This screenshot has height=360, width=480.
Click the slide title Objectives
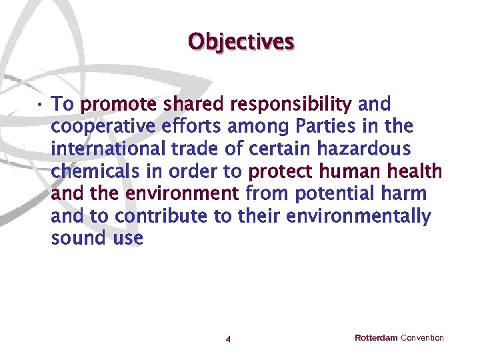click(x=241, y=41)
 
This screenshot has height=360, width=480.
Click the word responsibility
click(x=291, y=105)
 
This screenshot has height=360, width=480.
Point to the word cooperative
click(x=95, y=127)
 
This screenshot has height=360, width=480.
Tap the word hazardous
click(x=366, y=149)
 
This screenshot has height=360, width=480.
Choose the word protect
click(x=281, y=172)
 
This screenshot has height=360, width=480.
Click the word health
click(x=415, y=172)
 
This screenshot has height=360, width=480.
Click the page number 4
click(x=228, y=339)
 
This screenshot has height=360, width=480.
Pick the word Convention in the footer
click(x=422, y=338)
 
